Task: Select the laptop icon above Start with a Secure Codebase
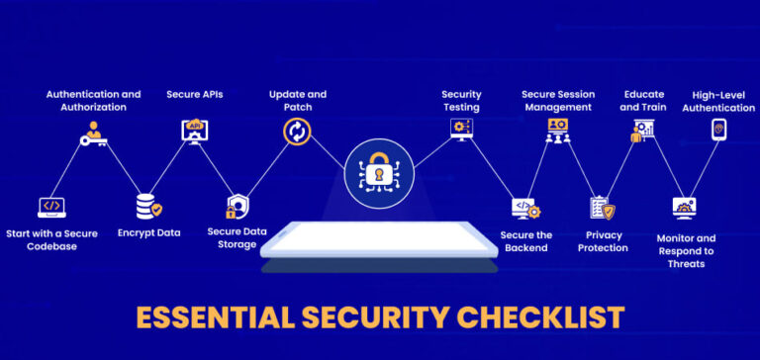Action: click(51, 207)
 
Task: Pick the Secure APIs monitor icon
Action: click(194, 130)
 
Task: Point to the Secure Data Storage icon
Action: click(236, 207)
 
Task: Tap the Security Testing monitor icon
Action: click(460, 129)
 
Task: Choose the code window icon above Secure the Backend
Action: click(525, 208)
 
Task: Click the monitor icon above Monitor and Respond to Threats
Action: click(686, 208)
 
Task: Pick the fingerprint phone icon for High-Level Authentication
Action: click(717, 130)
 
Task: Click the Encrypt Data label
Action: click(148, 233)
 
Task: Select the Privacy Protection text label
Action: click(603, 241)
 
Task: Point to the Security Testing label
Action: click(460, 101)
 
